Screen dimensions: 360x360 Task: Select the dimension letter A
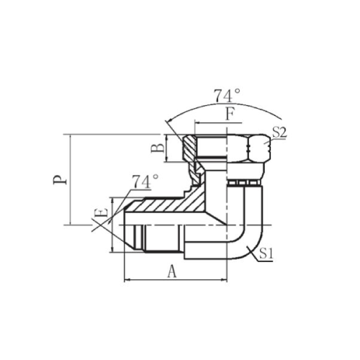[172, 271]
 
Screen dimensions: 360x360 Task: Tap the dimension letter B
[158, 148]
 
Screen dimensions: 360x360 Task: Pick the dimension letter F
[230, 114]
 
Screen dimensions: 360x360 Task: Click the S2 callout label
[279, 132]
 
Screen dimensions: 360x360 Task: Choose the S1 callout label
[266, 254]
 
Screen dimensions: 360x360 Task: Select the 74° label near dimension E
[145, 181]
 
